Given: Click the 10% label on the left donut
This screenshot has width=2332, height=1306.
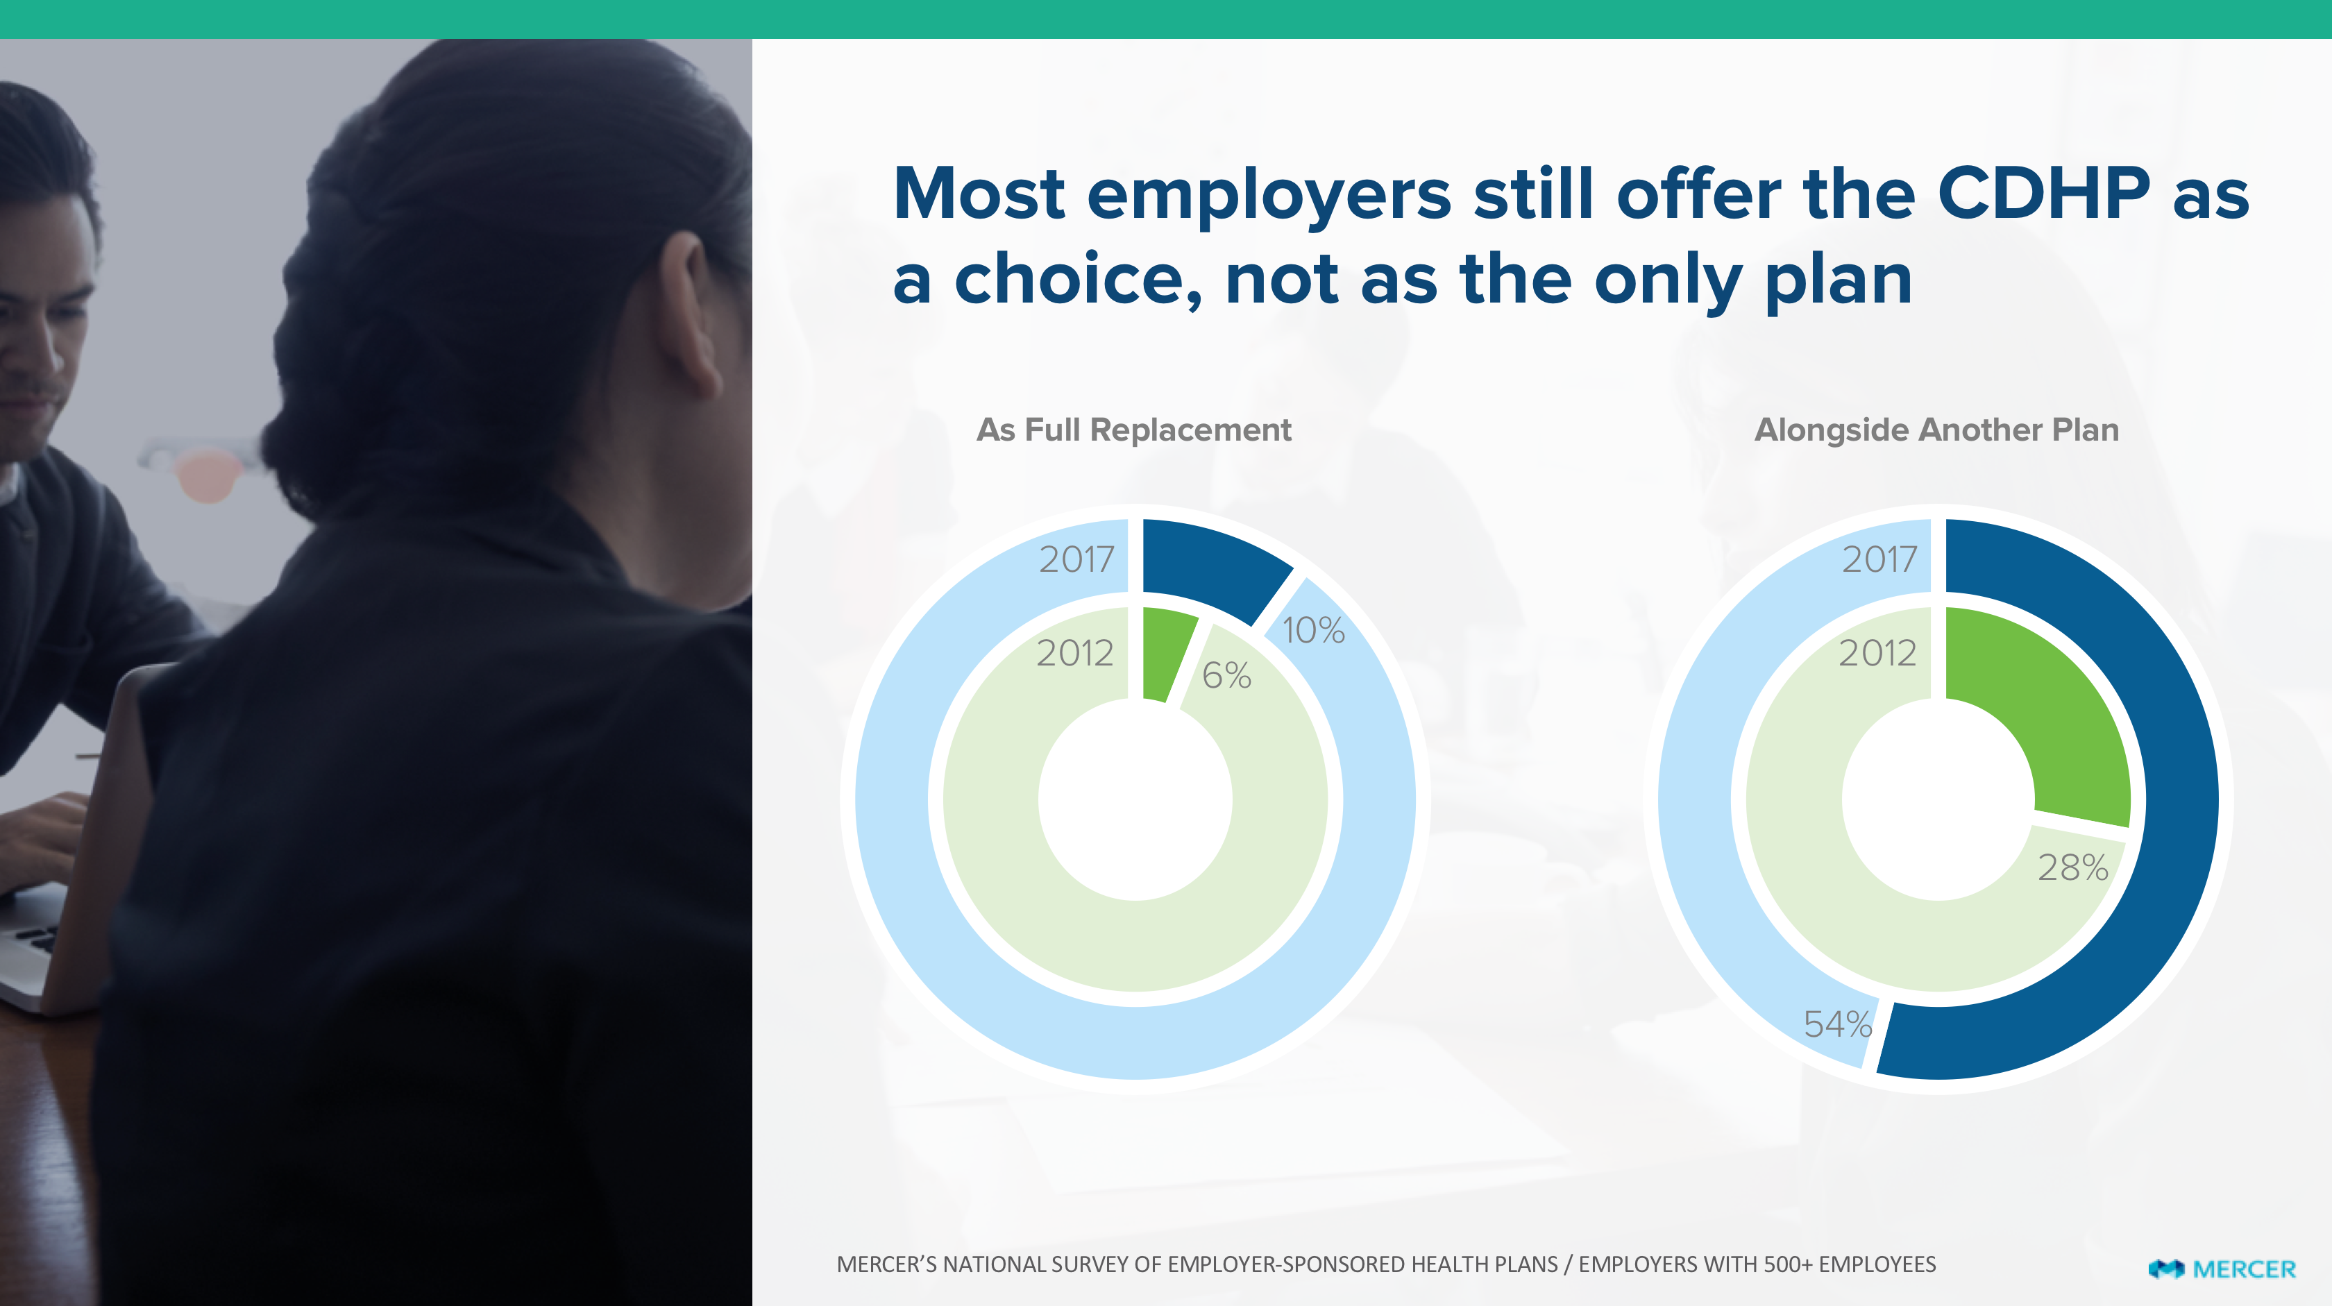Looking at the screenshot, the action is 1314,630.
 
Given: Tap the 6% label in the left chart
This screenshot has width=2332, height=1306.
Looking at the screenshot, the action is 1226,675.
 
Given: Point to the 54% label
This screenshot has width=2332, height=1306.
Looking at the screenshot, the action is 1838,1024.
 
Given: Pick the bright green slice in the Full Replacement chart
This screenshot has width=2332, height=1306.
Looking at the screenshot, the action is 1166,652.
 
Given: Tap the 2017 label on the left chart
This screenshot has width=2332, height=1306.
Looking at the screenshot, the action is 1076,559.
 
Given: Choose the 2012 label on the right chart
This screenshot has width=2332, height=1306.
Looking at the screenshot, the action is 1877,652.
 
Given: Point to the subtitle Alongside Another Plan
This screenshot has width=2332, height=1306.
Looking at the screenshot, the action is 1936,430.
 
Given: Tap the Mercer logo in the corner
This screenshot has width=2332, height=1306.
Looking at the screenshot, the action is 2222,1269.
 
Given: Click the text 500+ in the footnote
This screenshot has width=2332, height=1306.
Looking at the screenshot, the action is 1782,1264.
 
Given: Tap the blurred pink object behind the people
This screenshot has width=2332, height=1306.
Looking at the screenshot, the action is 208,475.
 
